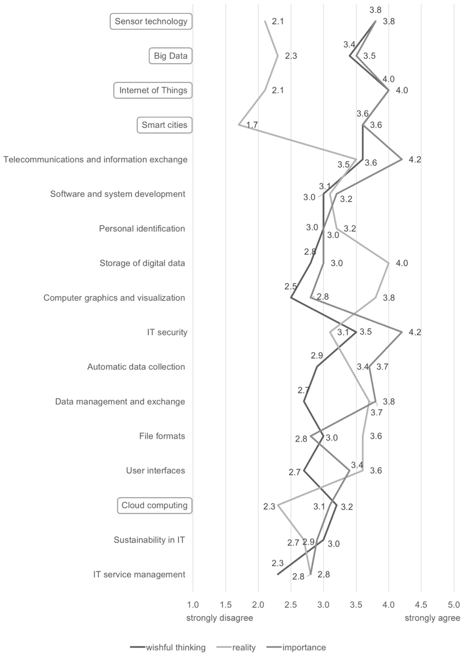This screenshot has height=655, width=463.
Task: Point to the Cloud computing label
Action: tap(154, 505)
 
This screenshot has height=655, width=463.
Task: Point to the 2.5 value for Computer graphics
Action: tap(291, 286)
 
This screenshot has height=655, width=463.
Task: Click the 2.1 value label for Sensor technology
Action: tap(278, 21)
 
